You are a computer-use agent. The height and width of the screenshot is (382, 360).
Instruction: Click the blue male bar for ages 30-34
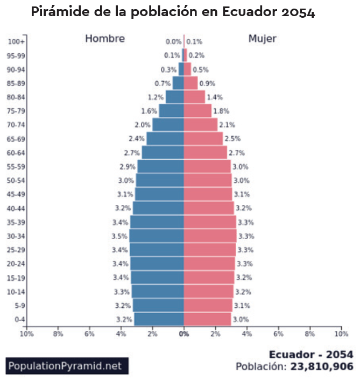157,236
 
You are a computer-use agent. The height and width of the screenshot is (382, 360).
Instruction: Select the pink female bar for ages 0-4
207,320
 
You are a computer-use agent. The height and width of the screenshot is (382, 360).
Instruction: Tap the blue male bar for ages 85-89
178,83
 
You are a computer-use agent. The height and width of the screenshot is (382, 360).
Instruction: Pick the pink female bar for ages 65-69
203,139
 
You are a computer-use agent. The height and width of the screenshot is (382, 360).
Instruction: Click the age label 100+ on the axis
17,41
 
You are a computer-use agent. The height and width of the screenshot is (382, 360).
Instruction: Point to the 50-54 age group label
17,180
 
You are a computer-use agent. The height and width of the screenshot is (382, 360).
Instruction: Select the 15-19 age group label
17,278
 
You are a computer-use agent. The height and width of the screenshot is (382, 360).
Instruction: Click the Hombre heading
105,39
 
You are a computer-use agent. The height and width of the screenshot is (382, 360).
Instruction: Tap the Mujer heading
262,39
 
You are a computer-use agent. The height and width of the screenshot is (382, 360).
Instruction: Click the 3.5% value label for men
118,236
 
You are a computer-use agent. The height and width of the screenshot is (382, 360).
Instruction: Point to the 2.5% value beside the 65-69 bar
232,139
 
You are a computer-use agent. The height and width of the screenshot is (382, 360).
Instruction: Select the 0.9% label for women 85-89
207,83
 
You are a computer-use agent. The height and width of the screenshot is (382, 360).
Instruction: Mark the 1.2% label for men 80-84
155,97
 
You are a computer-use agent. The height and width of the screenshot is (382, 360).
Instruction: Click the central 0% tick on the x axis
184,334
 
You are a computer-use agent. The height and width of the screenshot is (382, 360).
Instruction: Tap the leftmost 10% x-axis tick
26,334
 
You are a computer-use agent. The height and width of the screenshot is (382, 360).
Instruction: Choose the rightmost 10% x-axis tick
341,334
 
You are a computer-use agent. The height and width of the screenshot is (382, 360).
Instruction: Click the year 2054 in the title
298,12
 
